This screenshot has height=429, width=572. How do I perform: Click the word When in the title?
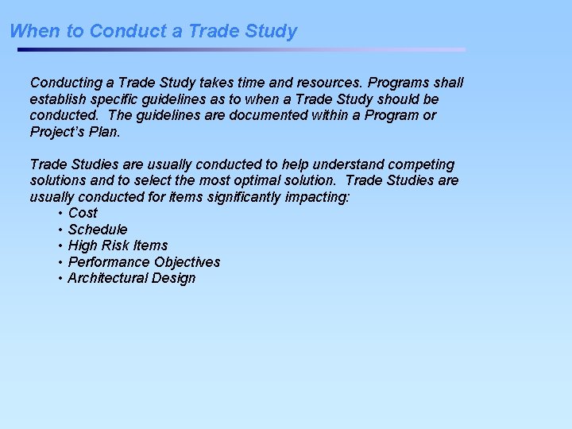click(x=29, y=32)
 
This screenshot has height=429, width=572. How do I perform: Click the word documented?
click(x=266, y=115)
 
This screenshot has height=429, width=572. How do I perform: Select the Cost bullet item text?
click(x=83, y=213)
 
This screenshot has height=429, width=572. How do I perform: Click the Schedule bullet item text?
click(x=98, y=230)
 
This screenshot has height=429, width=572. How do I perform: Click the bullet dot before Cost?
click(x=60, y=214)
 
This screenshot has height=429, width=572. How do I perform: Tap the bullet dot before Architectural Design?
click(x=60, y=279)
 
